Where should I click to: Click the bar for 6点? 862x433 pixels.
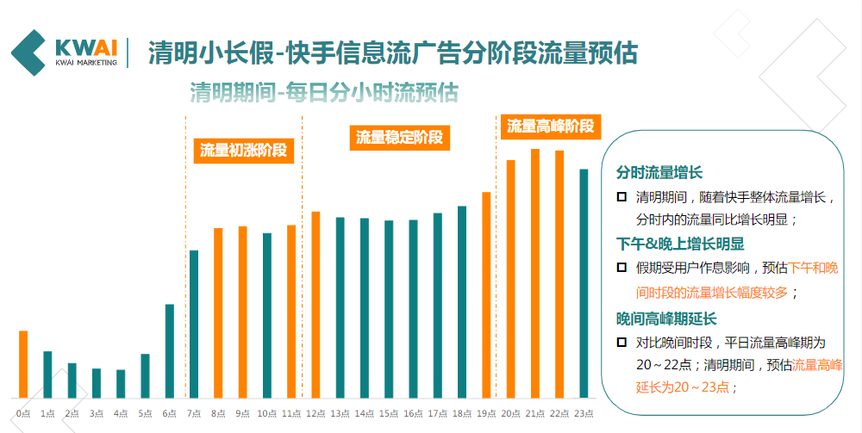(170, 350)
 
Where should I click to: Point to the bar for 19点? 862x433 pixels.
(486, 294)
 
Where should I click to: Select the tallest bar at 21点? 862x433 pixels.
(535, 273)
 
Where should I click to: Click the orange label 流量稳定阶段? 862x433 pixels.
(399, 137)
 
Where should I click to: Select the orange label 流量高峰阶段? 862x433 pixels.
(550, 126)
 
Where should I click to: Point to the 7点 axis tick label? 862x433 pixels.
(194, 414)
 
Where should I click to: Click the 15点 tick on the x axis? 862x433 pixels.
(389, 414)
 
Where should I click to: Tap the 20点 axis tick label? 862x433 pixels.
(510, 414)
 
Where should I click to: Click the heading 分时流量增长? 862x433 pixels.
(659, 173)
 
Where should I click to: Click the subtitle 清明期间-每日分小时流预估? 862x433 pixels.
(323, 92)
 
